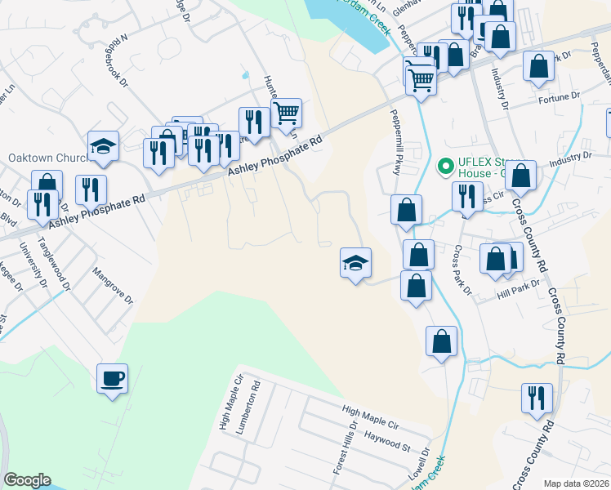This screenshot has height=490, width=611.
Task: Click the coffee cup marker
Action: [113, 379]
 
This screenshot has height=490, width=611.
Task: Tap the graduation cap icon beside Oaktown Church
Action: [104, 147]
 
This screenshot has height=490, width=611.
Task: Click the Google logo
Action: [27, 479]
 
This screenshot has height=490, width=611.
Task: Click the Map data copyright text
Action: [576, 483]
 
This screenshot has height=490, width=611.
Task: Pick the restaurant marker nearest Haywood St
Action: [537, 399]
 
